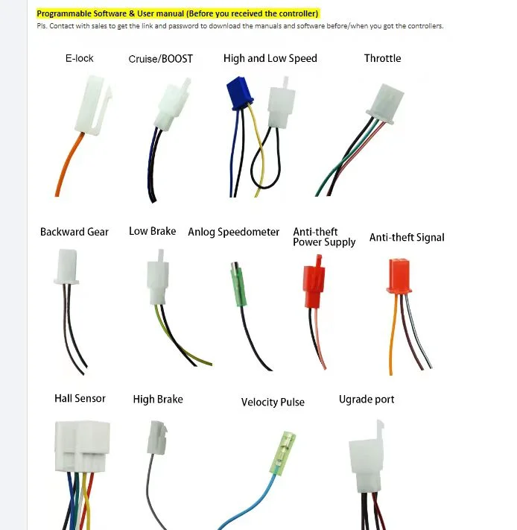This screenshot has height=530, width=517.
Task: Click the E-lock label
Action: (x=80, y=58)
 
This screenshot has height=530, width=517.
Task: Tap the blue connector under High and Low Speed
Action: (x=239, y=93)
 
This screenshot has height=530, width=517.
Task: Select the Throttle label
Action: (x=382, y=58)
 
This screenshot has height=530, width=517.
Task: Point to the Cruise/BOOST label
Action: (x=160, y=59)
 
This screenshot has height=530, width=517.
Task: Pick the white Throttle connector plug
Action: (x=385, y=104)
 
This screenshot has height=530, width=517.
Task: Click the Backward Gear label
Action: (x=74, y=232)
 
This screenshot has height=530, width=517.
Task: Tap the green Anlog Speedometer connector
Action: (x=238, y=284)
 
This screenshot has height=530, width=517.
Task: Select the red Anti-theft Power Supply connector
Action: (x=314, y=282)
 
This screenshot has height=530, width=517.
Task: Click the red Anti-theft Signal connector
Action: (x=399, y=276)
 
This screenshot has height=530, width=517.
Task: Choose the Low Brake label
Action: (x=152, y=231)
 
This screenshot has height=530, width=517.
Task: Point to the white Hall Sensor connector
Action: (x=82, y=447)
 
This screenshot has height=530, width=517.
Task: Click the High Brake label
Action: (x=158, y=400)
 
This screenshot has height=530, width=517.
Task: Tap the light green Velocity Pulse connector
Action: (x=282, y=453)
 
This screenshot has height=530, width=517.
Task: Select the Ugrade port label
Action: (x=367, y=400)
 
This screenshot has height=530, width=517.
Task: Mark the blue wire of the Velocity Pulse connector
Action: (x=247, y=504)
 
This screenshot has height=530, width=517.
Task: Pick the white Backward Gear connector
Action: (x=67, y=266)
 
